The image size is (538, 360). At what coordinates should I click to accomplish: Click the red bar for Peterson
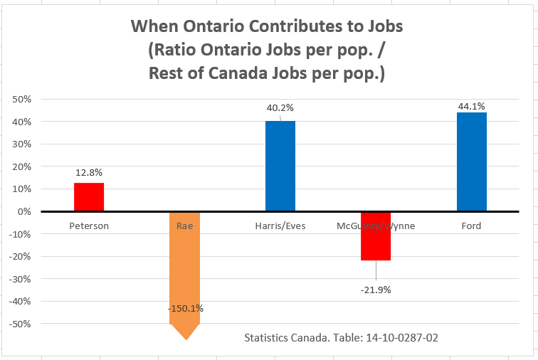click(89, 197)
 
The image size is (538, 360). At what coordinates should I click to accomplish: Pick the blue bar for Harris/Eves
click(280, 166)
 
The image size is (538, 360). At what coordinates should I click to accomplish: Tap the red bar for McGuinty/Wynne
click(376, 236)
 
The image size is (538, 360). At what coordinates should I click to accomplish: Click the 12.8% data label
click(89, 172)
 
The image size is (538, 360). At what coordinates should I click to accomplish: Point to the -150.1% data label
click(184, 308)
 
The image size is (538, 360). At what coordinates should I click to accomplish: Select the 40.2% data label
click(280, 108)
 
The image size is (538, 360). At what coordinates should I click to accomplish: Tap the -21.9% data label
click(376, 290)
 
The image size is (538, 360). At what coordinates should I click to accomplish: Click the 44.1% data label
click(471, 106)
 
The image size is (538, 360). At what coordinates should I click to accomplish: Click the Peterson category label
click(89, 226)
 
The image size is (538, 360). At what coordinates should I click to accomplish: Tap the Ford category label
click(471, 226)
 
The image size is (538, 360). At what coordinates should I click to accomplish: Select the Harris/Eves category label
click(280, 226)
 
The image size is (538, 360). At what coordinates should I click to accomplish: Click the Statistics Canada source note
click(341, 337)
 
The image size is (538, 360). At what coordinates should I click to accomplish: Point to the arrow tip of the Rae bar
click(186, 339)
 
